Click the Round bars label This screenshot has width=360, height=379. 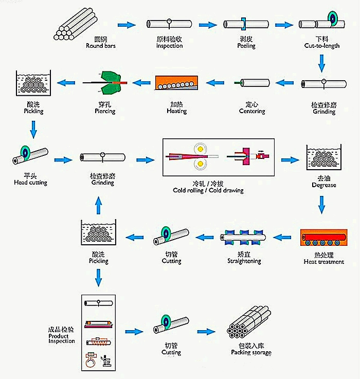101,45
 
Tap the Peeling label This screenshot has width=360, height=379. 246,45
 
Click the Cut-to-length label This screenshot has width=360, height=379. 321,46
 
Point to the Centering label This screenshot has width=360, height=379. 252,111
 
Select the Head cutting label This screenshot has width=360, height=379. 30,182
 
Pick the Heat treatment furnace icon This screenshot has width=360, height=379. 323,239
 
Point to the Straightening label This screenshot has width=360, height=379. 244,261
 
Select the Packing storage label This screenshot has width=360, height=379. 251,352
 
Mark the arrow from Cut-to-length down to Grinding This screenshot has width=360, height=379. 322,63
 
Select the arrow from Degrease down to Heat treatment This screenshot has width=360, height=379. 322,205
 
